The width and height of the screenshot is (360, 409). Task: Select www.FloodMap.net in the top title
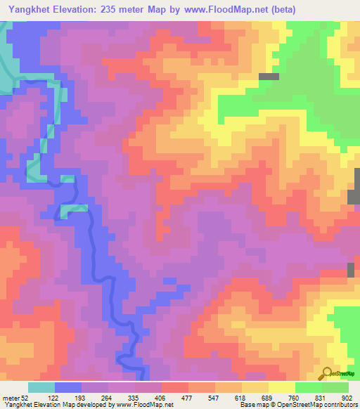[220, 9]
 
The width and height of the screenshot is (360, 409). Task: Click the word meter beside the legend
[12, 398]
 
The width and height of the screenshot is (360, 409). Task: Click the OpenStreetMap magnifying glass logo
[326, 373]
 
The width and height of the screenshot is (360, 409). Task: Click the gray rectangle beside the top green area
[269, 77]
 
